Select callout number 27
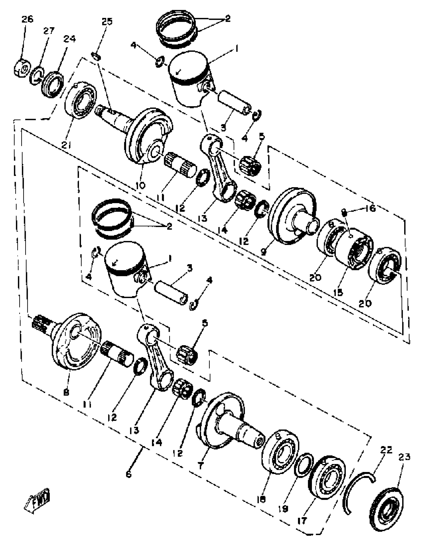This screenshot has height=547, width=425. [48, 31]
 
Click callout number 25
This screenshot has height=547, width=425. [107, 21]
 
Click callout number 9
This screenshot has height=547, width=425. [263, 252]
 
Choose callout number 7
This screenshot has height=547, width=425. [200, 465]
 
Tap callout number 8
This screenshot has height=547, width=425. [66, 393]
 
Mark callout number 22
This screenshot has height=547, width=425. [386, 450]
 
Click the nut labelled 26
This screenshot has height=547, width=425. [22, 68]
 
